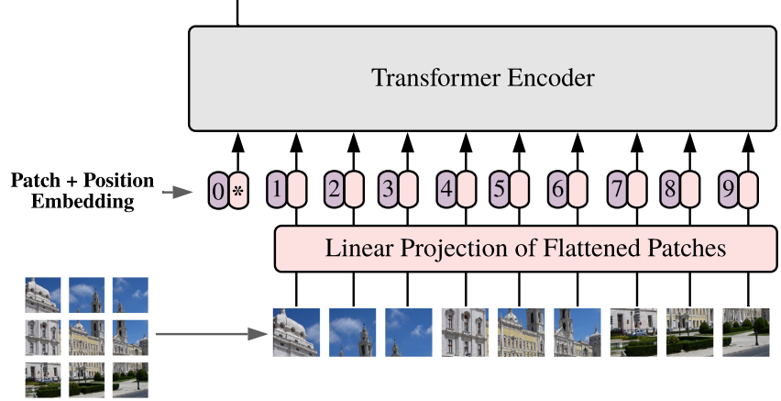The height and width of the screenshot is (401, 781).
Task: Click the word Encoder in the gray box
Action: click(551, 78)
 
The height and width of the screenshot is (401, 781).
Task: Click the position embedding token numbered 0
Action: click(218, 191)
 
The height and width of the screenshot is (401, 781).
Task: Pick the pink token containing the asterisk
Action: click(238, 191)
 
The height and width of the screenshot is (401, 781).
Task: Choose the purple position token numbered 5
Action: click(499, 189)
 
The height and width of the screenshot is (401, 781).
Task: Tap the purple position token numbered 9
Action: click(728, 189)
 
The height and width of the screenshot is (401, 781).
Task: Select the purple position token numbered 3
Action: click(388, 189)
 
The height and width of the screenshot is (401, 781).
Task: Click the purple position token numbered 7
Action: click(617, 189)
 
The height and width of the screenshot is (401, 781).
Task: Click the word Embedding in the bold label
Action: click(82, 202)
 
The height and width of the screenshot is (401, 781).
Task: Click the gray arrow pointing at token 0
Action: click(177, 192)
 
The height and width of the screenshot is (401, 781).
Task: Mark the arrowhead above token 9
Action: click(748, 142)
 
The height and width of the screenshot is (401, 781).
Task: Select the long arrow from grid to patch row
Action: click(212, 334)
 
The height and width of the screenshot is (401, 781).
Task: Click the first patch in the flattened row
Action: click(296, 332)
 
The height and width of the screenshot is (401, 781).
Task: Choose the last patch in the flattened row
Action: click(746, 332)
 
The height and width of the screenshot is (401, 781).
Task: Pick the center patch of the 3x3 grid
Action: click(87, 338)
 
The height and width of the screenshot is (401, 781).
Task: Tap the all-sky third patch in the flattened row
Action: click(409, 332)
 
